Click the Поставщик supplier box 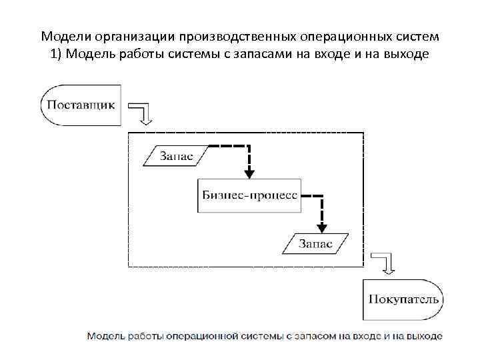pyautogui.click(x=80, y=105)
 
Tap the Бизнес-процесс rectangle pyautogui.click(x=249, y=195)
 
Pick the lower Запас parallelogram pyautogui.click(x=314, y=243)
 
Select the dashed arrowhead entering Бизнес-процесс pyautogui.click(x=249, y=173)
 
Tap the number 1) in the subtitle pyautogui.click(x=55, y=54)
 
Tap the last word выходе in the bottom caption pyautogui.click(x=425, y=335)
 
